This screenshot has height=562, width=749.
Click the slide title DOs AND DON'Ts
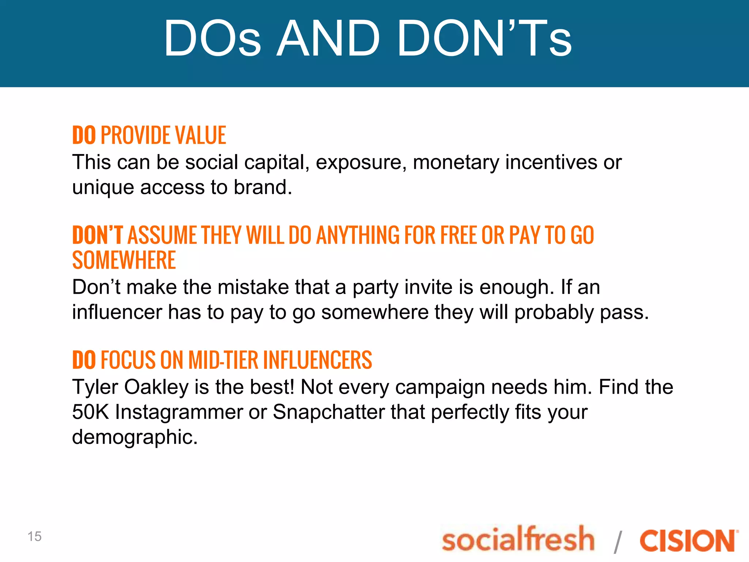(368, 38)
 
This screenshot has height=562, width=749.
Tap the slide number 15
(34, 536)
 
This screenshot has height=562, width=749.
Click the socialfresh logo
(518, 539)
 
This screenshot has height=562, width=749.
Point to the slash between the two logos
(618, 542)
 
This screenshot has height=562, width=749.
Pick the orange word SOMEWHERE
(124, 260)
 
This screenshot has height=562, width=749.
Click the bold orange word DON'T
(97, 235)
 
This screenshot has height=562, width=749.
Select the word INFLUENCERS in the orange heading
(317, 360)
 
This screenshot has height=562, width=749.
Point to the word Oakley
(157, 387)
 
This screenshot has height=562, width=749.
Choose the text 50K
(90, 412)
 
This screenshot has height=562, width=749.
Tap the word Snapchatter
(328, 412)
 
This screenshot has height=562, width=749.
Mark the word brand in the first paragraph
(263, 187)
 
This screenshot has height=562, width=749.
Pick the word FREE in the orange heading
(459, 235)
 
